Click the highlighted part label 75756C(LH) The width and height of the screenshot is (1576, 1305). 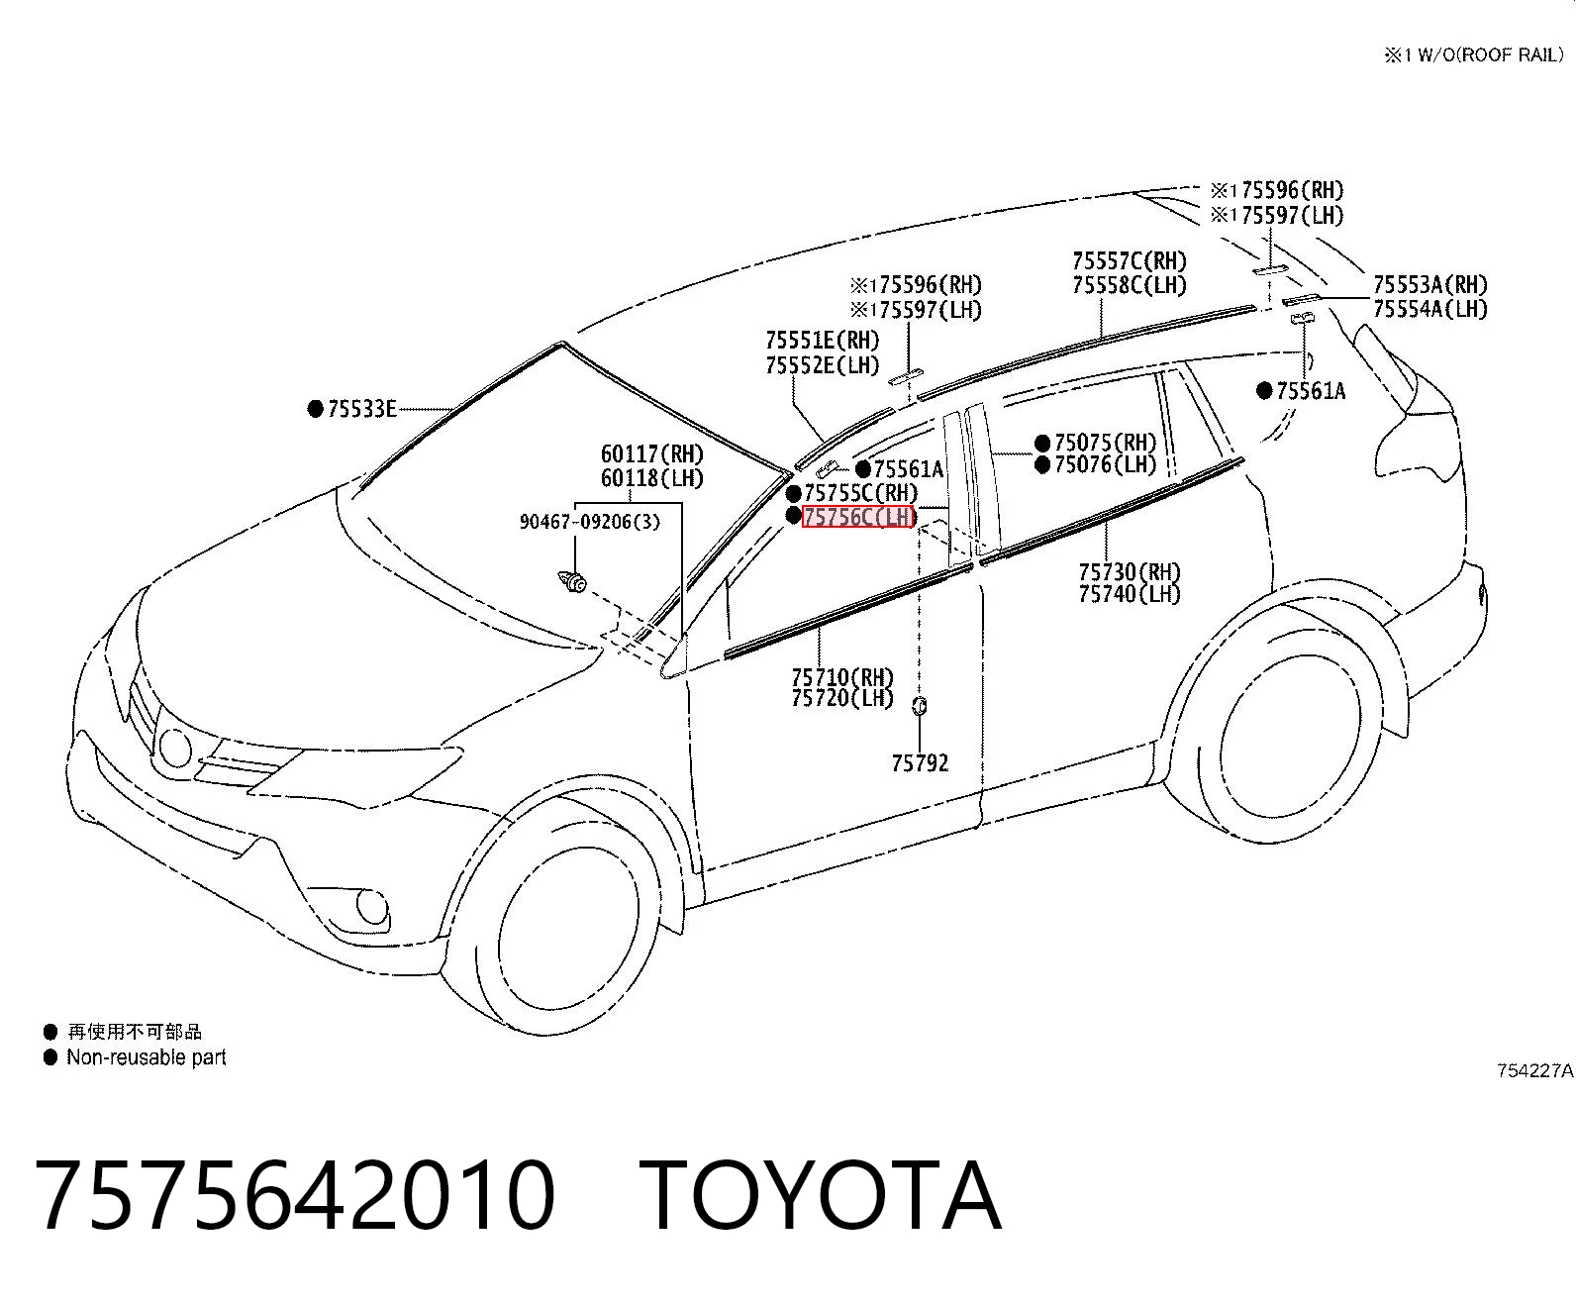click(x=858, y=517)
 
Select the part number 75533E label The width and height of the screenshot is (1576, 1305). click(x=362, y=409)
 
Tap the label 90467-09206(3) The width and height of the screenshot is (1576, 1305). click(x=589, y=522)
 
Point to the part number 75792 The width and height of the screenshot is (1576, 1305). click(x=920, y=763)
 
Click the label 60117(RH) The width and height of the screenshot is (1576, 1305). click(x=652, y=453)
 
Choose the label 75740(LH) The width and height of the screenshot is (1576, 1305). click(x=1130, y=594)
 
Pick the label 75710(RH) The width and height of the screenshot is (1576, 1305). click(x=842, y=676)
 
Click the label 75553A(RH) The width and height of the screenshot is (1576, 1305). click(x=1430, y=285)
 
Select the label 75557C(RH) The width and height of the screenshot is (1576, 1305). click(x=1130, y=261)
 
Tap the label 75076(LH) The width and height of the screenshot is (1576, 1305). click(x=1105, y=464)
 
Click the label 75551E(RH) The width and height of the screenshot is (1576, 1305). click(x=823, y=341)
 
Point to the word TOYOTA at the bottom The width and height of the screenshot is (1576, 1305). click(x=821, y=1195)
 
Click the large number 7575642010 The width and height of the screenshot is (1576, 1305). click(x=296, y=1195)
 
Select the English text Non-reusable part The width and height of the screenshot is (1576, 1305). click(x=147, y=1057)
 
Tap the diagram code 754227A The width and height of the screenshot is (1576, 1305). click(x=1535, y=1070)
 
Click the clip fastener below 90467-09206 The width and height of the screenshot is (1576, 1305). click(x=573, y=581)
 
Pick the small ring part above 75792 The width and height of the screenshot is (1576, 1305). click(x=920, y=706)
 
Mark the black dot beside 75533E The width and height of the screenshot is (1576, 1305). click(x=316, y=409)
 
